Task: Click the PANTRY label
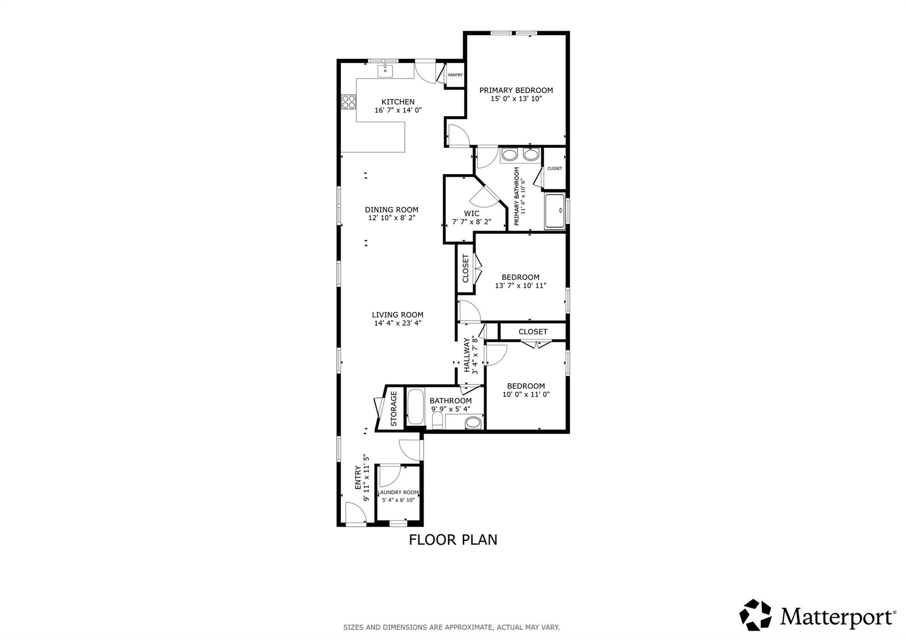point(455,75)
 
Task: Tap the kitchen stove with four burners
point(349,102)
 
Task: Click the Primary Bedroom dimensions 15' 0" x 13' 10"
point(516,99)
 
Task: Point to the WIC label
point(471,214)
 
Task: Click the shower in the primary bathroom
point(555,211)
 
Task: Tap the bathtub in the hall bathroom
point(415,406)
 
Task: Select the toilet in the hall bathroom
point(438,421)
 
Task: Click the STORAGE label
point(394,408)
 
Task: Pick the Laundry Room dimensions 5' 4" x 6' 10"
point(398,500)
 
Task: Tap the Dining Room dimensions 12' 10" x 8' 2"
point(392,218)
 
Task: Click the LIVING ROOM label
point(397,315)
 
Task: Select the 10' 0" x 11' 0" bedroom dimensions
point(526,395)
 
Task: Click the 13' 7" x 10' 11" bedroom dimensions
point(520,286)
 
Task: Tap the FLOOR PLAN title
point(453,540)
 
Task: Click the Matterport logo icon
point(755,615)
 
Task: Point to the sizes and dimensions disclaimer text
point(451,627)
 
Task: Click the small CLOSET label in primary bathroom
point(554,169)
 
